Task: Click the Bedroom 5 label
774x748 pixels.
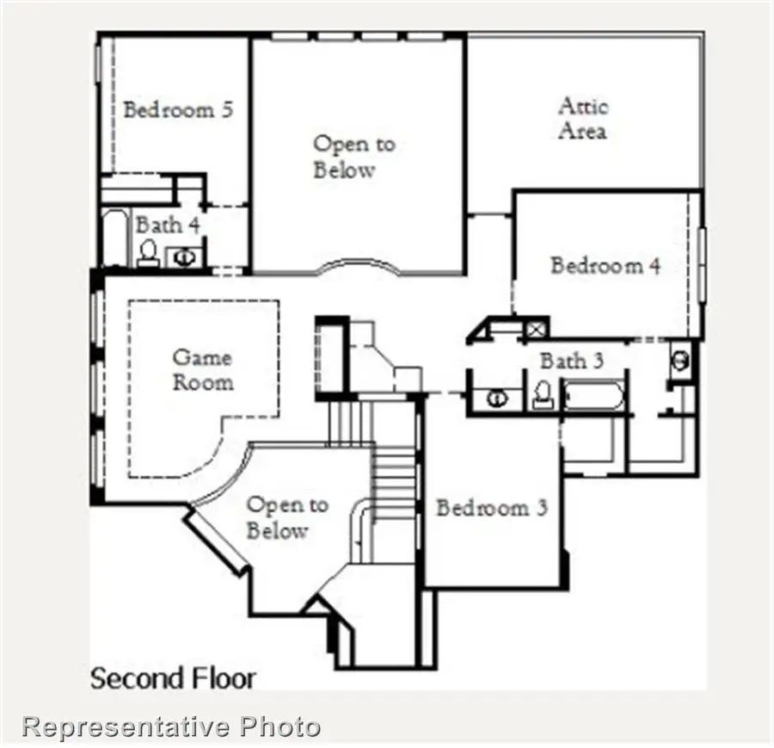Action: (179, 110)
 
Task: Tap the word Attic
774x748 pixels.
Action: (583, 107)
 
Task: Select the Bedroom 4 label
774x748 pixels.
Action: (605, 265)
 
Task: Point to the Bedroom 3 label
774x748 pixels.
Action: (491, 508)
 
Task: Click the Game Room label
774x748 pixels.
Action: (203, 368)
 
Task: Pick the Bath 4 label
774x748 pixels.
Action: (169, 226)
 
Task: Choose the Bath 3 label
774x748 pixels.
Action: (571, 361)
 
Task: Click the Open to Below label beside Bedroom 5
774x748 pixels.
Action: (353, 157)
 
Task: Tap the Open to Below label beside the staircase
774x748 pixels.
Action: (287, 517)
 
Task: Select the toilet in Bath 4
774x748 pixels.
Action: (148, 253)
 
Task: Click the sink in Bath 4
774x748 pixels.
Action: (184, 256)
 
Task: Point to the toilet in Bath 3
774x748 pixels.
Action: (543, 395)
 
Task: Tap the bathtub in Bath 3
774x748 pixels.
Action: (594, 396)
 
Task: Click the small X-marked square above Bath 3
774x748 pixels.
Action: (537, 328)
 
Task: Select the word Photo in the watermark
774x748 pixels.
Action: (280, 726)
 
